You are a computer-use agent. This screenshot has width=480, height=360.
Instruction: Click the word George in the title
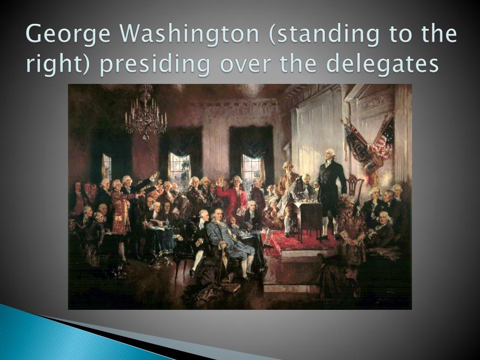pyautogui.click(x=68, y=34)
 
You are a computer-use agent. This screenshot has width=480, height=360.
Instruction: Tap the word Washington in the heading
pyautogui.click(x=189, y=34)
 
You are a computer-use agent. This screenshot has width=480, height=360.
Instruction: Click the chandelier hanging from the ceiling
pyautogui.click(x=146, y=113)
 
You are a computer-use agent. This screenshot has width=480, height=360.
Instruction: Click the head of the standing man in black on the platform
pyautogui.click(x=330, y=155)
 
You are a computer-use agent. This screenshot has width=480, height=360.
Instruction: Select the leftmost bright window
pyautogui.click(x=106, y=168)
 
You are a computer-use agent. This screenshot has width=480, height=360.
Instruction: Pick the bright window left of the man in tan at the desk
pyautogui.click(x=252, y=170)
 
